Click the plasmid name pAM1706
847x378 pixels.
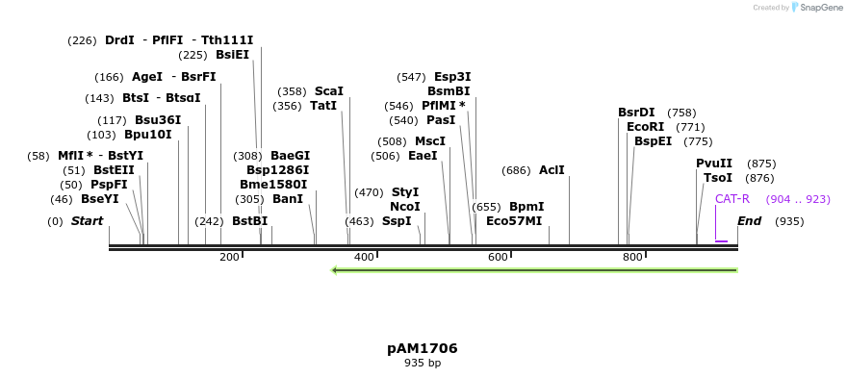(x=423, y=348)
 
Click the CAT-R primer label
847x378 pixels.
(x=731, y=199)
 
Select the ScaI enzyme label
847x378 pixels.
(x=328, y=91)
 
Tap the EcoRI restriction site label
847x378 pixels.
(x=645, y=127)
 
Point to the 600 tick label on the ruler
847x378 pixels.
(x=498, y=257)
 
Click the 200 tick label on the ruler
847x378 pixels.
(x=229, y=257)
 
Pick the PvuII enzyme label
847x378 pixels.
(x=714, y=164)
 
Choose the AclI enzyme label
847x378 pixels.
(x=552, y=170)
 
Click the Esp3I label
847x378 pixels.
(x=452, y=77)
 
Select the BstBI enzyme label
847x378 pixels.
(x=249, y=221)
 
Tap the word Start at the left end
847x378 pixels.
(x=87, y=221)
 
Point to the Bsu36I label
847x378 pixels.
(x=158, y=120)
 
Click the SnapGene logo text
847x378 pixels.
(x=820, y=8)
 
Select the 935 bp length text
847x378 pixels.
(x=423, y=364)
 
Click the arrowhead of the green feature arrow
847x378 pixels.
(x=334, y=270)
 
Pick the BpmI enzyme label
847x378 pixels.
(x=526, y=207)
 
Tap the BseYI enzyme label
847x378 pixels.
(x=100, y=199)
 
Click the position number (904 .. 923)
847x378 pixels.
(x=797, y=199)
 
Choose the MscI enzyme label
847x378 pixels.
(x=430, y=141)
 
